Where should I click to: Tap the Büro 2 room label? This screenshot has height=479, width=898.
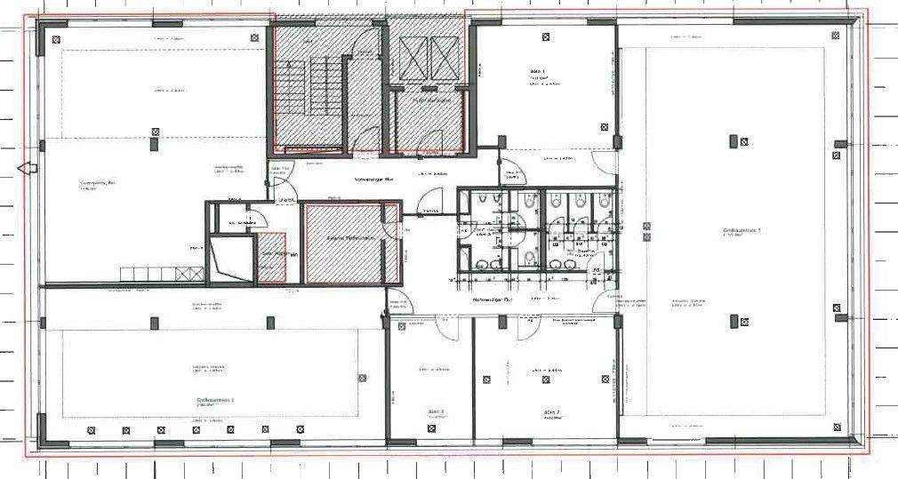550,413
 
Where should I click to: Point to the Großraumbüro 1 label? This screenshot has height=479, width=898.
742,231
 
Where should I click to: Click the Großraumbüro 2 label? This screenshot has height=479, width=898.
215,401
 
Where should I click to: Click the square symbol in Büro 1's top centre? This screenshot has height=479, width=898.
543,37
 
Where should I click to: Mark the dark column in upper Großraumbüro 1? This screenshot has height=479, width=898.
734,141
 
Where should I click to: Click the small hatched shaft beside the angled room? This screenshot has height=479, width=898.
271,259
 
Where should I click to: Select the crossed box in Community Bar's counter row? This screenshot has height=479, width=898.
185,273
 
